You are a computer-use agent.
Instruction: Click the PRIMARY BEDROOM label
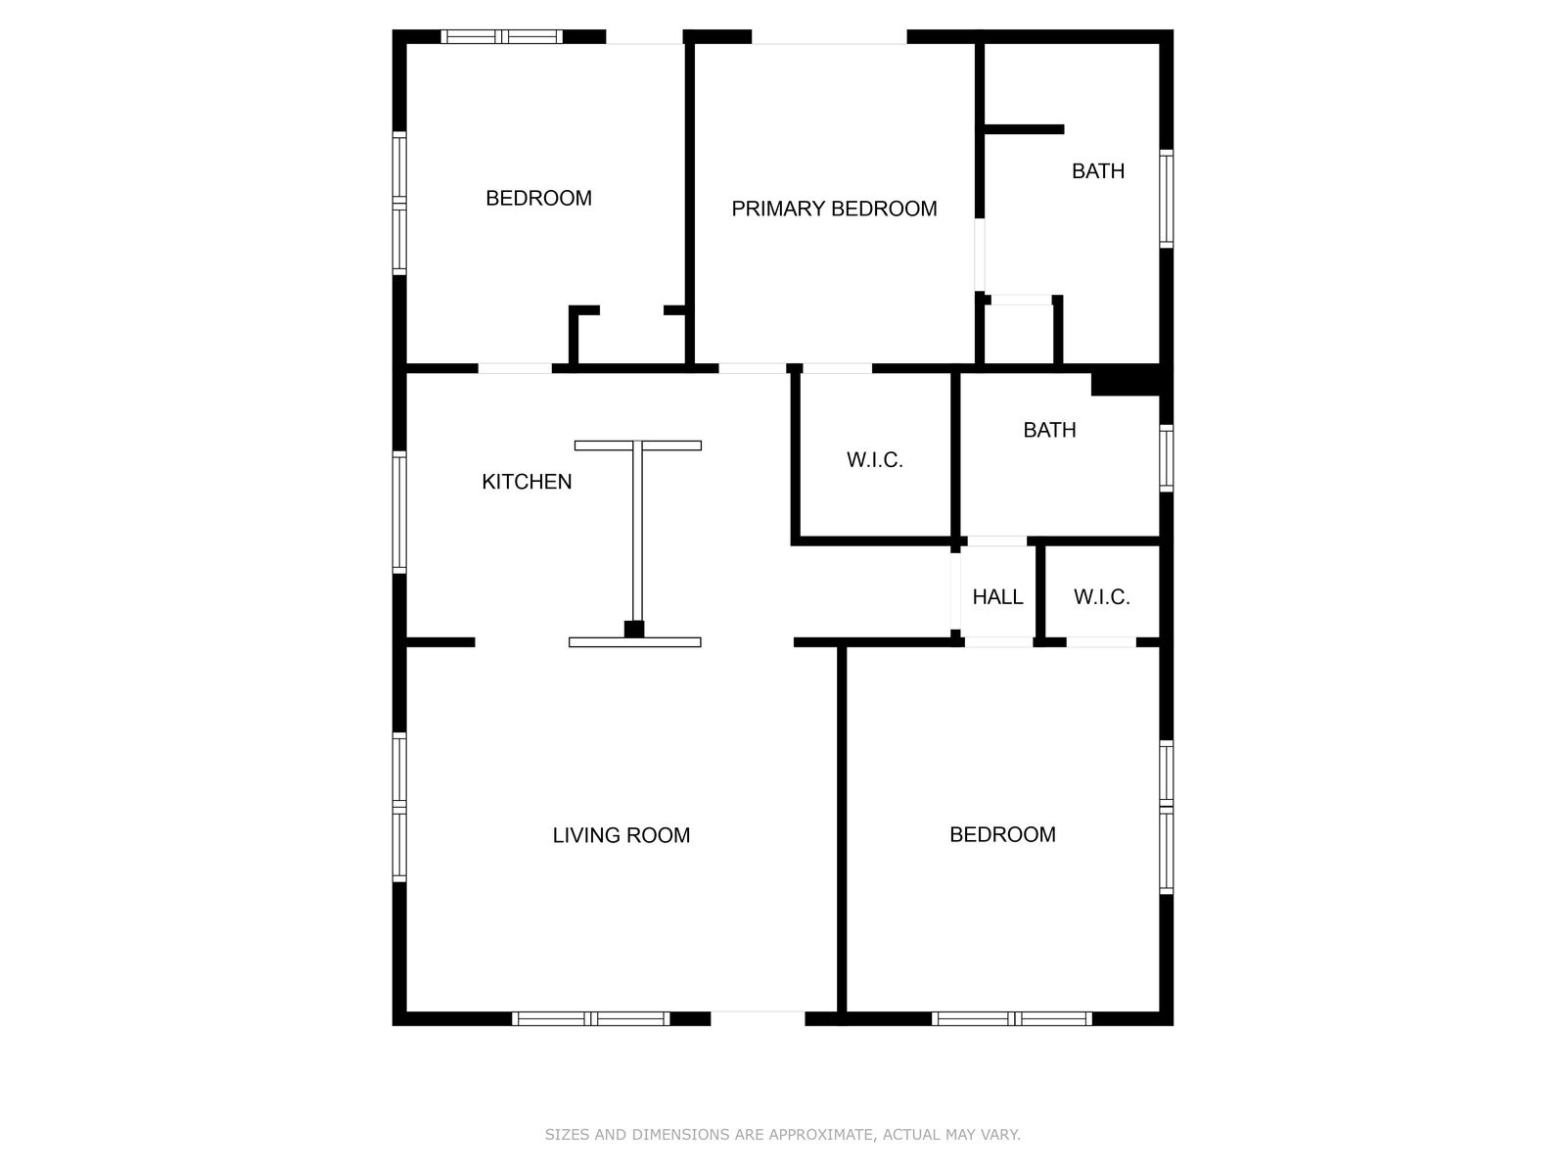(x=834, y=209)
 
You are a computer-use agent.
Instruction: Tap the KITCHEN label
(x=527, y=483)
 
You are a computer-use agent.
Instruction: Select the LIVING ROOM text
(x=622, y=835)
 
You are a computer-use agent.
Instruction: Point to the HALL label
(x=997, y=597)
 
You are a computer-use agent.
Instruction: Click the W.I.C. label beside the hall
(x=1101, y=597)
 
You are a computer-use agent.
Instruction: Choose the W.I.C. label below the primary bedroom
(x=875, y=460)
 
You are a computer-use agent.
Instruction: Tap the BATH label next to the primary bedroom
(x=1098, y=171)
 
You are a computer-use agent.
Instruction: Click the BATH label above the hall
(x=1049, y=430)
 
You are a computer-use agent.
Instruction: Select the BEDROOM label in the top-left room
(x=538, y=199)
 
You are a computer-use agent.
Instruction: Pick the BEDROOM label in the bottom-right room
(x=1002, y=834)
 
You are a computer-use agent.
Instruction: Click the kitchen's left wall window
(x=399, y=512)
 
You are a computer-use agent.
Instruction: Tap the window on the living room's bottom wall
(x=591, y=1018)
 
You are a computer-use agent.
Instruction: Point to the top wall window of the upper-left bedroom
(x=501, y=36)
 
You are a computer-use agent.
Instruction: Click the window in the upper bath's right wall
(x=1166, y=199)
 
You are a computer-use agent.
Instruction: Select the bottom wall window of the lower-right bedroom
(x=1012, y=1018)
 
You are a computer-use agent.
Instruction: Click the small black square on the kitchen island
(x=634, y=630)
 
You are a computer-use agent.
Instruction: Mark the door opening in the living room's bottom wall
(x=758, y=1018)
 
